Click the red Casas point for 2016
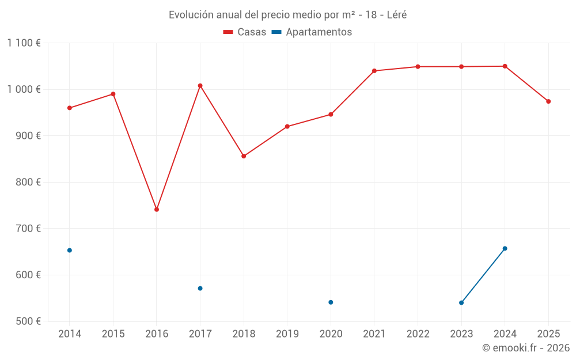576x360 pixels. click(x=157, y=210)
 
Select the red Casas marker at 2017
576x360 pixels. click(x=200, y=86)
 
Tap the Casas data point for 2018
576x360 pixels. click(x=244, y=156)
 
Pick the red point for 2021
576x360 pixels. click(x=374, y=71)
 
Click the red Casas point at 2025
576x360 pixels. click(x=548, y=101)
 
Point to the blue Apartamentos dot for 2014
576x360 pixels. click(x=70, y=251)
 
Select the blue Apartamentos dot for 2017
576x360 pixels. click(x=200, y=289)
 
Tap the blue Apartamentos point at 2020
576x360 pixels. click(x=331, y=302)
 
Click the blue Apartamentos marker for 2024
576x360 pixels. click(x=505, y=249)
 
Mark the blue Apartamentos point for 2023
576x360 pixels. click(x=461, y=303)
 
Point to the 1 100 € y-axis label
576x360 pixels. click(x=24, y=43)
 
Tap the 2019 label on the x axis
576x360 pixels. click(x=287, y=334)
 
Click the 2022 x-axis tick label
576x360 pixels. click(x=418, y=334)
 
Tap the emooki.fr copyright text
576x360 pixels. click(x=525, y=348)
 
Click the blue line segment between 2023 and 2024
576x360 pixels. click(x=483, y=276)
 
